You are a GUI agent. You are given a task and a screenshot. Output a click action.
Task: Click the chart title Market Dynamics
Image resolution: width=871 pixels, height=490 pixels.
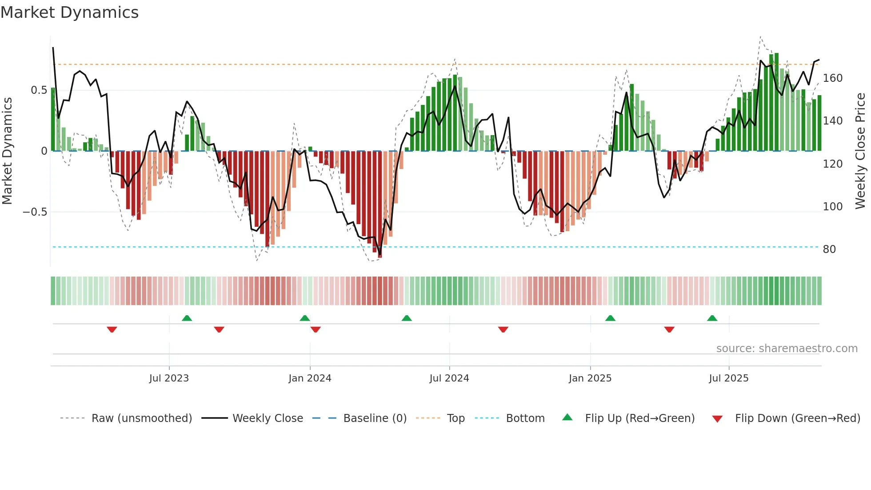(x=69, y=12)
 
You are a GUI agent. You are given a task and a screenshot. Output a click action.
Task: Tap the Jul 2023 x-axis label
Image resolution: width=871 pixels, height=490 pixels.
(x=169, y=378)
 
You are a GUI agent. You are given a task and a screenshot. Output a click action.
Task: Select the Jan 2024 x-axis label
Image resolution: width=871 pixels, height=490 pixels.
(x=310, y=378)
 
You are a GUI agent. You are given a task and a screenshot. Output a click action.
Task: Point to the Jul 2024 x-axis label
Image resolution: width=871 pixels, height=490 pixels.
(x=449, y=378)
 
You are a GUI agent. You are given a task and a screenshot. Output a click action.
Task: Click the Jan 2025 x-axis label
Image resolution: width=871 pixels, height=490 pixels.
(x=590, y=378)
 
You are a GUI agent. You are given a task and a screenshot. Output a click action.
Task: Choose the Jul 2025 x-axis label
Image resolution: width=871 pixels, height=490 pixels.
(x=729, y=378)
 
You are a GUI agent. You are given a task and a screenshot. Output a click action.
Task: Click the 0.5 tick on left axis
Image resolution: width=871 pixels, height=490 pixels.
(x=39, y=90)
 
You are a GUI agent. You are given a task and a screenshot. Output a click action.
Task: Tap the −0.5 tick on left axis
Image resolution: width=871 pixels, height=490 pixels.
(x=35, y=212)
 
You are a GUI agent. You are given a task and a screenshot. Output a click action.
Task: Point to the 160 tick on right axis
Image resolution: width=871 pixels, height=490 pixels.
(x=832, y=78)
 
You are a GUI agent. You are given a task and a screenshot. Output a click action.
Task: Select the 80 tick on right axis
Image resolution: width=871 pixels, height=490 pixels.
(x=829, y=249)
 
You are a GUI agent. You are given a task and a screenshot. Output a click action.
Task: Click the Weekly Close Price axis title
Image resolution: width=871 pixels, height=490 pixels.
(x=860, y=151)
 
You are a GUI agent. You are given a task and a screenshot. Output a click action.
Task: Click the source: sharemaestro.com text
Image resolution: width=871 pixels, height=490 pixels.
(x=787, y=349)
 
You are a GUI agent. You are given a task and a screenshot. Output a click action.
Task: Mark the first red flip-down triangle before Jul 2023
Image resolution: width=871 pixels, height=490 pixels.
(x=112, y=329)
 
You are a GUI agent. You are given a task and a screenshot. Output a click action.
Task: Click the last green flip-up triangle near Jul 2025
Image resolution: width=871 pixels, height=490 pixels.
(x=712, y=318)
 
